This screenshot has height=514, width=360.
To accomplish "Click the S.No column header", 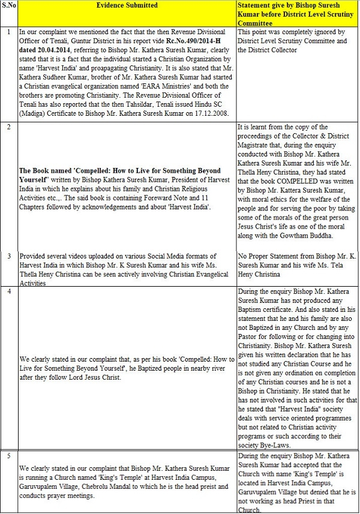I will (x=8, y=5).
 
